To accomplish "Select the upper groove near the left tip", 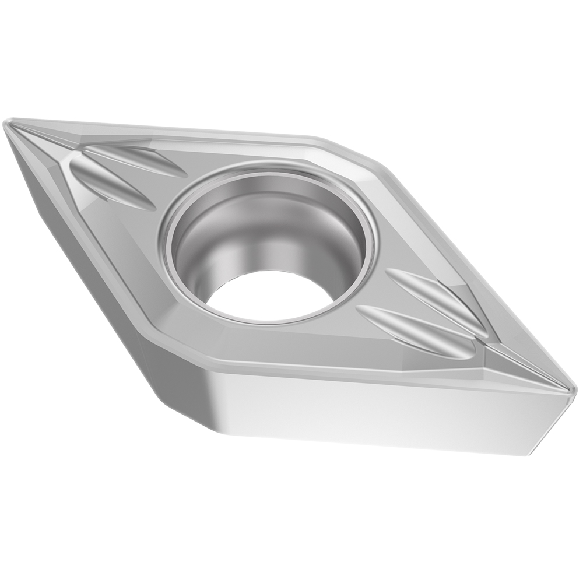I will pyautogui.click(x=134, y=160).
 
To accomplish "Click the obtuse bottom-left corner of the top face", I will pyautogui.click(x=175, y=350).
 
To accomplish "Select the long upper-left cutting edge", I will pyautogui.click(x=163, y=130).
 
